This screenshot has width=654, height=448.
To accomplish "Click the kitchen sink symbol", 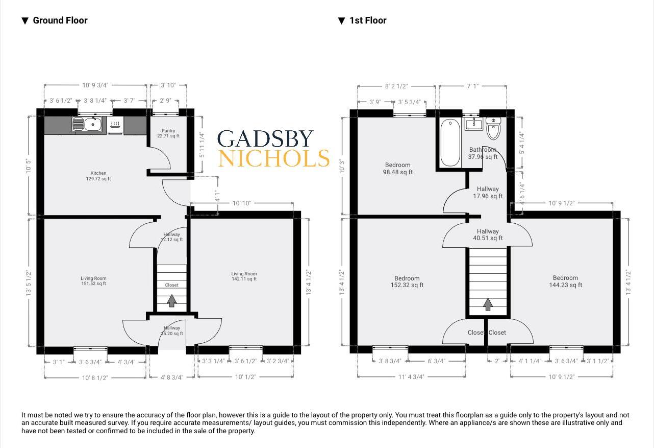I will [86, 124].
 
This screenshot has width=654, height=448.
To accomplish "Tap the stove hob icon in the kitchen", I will [115, 124].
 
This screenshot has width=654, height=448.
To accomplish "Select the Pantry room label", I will [168, 133].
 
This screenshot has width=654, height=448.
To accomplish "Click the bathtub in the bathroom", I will [450, 143].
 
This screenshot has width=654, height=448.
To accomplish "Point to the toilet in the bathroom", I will [493, 129].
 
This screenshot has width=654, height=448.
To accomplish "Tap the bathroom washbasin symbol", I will [473, 123].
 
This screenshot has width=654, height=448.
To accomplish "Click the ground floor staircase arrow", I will [172, 301].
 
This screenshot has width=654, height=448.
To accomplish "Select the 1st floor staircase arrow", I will [488, 304].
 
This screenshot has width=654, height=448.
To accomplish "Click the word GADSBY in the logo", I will [265, 139].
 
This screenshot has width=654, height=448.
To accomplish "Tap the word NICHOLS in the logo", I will [273, 159].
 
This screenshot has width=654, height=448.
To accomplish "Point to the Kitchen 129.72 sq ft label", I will [98, 176].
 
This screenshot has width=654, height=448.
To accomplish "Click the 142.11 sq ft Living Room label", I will [244, 276].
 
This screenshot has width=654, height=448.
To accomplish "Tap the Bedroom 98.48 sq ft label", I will [397, 169].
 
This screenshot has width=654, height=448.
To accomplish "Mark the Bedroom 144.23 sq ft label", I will [565, 281].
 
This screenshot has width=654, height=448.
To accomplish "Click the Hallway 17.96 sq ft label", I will [488, 193].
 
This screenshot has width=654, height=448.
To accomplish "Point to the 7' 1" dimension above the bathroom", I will [473, 87].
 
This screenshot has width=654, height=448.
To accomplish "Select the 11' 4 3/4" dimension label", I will [411, 376].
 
